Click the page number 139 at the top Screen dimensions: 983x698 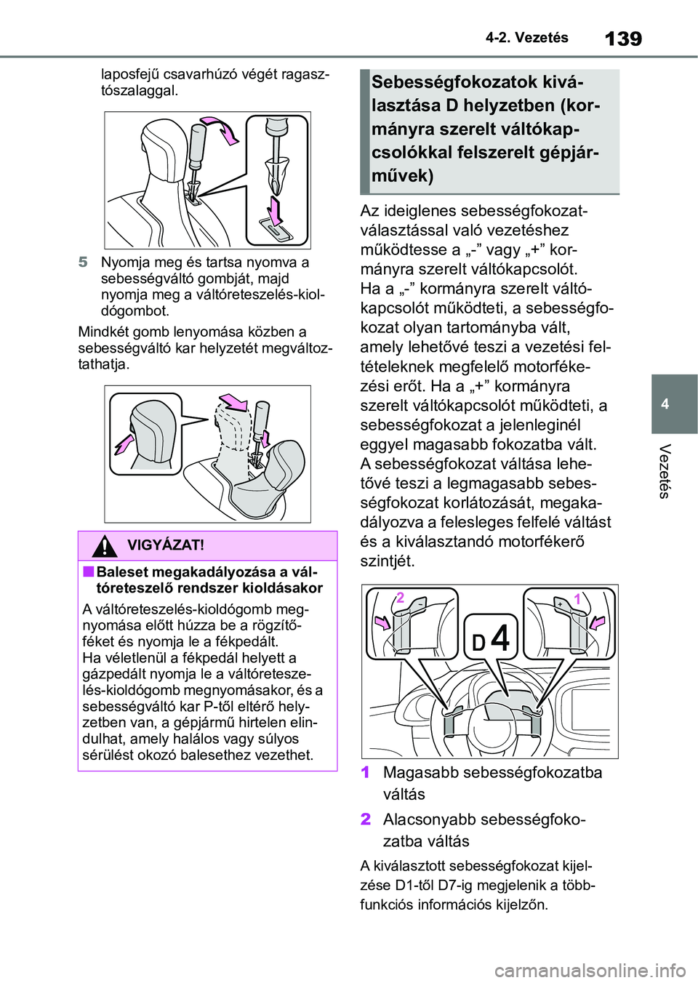(x=623, y=38)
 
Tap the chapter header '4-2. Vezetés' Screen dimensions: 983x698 (x=527, y=38)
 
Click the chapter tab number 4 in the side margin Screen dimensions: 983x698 (x=665, y=404)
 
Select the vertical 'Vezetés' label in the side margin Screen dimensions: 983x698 (x=663, y=471)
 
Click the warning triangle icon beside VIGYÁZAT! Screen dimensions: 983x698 (x=105, y=545)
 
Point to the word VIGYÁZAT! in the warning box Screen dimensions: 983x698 (x=165, y=545)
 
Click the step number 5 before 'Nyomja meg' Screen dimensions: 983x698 (x=84, y=262)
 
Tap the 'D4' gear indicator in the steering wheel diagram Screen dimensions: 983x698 (x=491, y=639)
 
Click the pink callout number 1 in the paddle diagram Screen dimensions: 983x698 (x=577, y=599)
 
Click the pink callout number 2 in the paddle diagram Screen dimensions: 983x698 (x=400, y=598)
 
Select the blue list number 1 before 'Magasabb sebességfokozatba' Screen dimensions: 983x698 (x=366, y=772)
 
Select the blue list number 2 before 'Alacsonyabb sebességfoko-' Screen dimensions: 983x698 (x=366, y=819)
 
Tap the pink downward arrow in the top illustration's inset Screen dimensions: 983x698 (x=275, y=210)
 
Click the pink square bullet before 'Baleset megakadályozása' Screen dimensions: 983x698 (x=88, y=571)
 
